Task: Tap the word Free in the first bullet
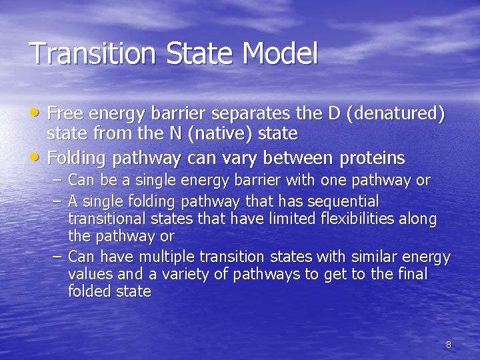64,114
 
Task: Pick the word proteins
372,158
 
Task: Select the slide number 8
448,345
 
